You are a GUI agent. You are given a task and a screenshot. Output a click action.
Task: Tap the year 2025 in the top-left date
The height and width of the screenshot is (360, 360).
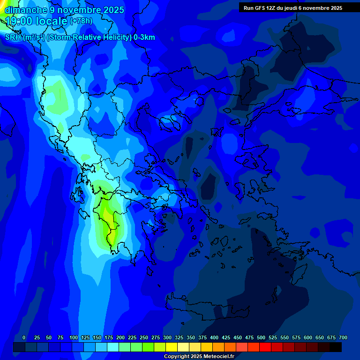click(x=113, y=10)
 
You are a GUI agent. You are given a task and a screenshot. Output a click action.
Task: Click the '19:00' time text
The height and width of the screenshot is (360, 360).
click(x=21, y=21)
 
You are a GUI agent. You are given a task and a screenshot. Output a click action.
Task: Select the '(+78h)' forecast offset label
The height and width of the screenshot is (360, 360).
click(x=81, y=21)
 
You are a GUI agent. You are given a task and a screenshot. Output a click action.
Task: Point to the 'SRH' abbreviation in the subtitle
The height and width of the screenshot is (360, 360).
click(x=13, y=37)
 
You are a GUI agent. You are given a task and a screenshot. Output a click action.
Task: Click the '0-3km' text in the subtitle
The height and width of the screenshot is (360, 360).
click(x=144, y=37)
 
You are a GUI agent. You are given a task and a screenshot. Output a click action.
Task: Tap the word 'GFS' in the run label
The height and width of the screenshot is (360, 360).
click(x=260, y=8)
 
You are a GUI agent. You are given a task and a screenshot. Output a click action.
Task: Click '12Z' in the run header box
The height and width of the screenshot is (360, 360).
click(x=272, y=8)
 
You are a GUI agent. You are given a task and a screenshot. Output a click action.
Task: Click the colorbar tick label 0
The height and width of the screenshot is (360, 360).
click(x=24, y=337)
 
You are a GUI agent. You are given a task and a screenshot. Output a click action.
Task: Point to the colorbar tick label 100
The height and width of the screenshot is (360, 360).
click(x=74, y=337)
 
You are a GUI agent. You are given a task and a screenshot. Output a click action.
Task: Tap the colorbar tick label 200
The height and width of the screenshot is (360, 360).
click(x=120, y=337)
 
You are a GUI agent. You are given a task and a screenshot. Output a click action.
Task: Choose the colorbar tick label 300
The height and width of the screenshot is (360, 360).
click(x=167, y=337)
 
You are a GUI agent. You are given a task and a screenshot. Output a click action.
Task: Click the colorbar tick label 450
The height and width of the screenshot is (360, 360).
click(x=238, y=337)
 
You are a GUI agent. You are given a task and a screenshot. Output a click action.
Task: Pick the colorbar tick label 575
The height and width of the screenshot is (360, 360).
click(x=296, y=337)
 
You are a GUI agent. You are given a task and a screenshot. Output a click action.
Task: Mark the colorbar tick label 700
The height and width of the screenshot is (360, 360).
click(x=343, y=337)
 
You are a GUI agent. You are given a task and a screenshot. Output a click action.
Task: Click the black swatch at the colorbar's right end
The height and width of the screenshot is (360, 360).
click(x=336, y=347)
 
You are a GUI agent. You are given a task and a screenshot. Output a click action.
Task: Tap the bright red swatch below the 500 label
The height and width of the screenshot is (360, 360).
click(x=265, y=347)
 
